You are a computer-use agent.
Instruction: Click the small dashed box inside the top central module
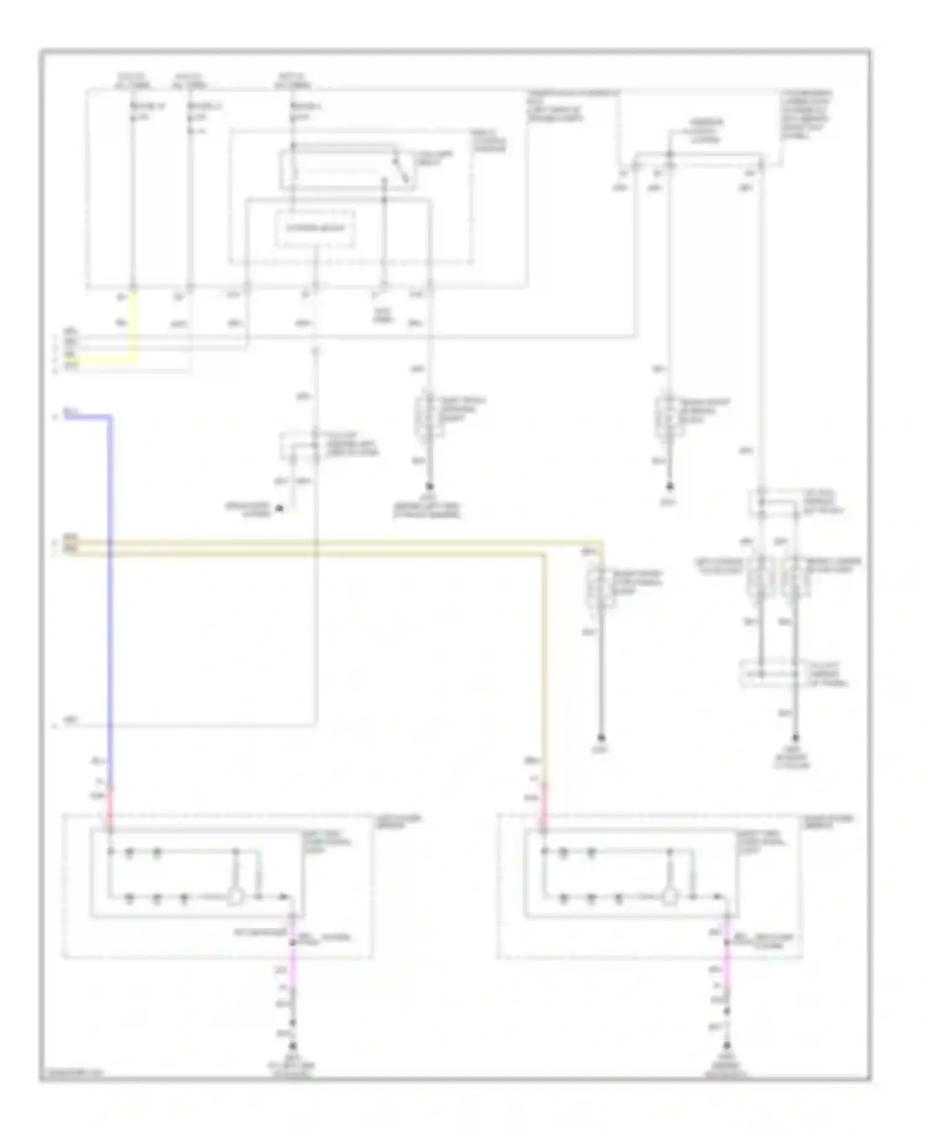click(315, 228)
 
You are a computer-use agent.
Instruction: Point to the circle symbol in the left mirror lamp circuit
click(234, 897)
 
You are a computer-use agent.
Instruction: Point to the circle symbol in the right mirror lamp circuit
click(669, 897)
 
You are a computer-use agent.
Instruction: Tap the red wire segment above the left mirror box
click(111, 804)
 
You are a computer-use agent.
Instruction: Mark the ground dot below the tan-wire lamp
click(601, 739)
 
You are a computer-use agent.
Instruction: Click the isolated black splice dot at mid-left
click(279, 509)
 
